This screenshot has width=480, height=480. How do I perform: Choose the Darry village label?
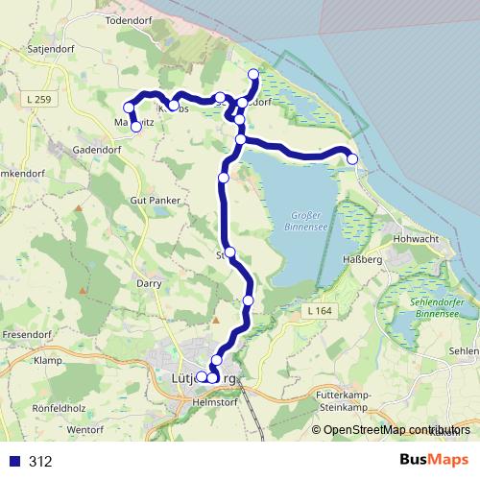click(148, 285)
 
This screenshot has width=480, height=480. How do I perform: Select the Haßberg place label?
click(364, 260)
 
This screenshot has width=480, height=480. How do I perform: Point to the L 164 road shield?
click(322, 312)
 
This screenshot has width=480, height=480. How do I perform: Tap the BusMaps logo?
click(433, 461)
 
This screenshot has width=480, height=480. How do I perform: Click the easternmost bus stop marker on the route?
click(352, 158)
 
